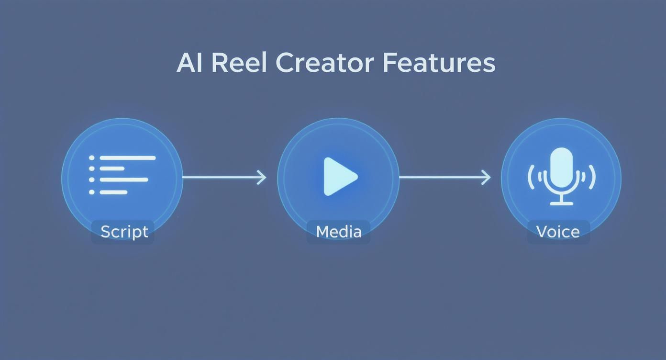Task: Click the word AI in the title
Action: [189, 63]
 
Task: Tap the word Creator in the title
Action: [324, 63]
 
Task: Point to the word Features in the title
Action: [439, 63]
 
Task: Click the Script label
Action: [124, 232]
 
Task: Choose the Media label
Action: [338, 232]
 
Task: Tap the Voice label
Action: [558, 232]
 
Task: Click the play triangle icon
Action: [339, 177]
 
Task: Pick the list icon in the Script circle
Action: [122, 175]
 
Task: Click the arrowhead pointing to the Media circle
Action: [262, 177]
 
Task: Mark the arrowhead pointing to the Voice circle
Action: [486, 177]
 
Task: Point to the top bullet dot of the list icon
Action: [92, 157]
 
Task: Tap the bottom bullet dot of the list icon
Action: [92, 192]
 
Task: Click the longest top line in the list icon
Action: [127, 157]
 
